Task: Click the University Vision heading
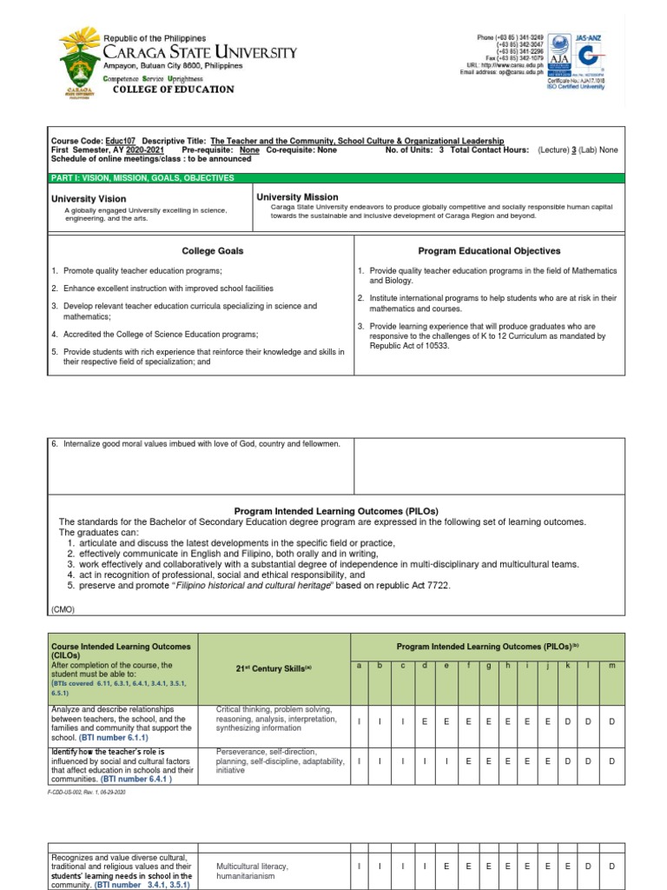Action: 89,199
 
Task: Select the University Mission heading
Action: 297,197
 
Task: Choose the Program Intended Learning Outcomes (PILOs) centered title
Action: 335,512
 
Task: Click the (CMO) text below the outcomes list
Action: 63,609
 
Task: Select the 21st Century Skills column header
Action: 274,667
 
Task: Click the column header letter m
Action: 612,666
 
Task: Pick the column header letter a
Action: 360,666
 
